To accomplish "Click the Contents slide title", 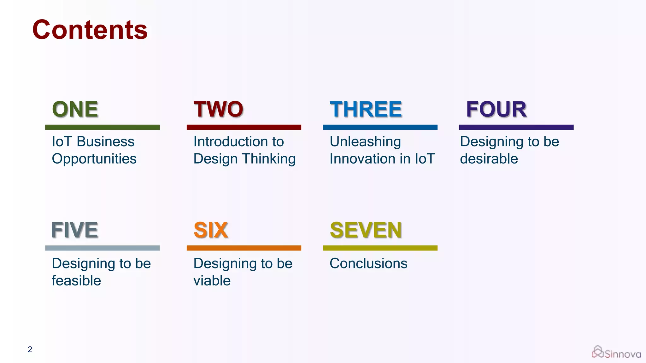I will pos(90,30).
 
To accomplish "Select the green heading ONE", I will pos(75,109).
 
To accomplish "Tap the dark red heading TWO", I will pos(218,109).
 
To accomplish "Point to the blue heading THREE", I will pos(366,109).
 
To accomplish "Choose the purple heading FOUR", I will pos(496,109).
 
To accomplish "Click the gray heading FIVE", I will pos(75,230).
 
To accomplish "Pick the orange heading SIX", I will pos(211,230).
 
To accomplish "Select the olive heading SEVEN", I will pos(366,230).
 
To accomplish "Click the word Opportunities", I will pos(94,159).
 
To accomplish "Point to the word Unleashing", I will pos(365,142).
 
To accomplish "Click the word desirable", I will pos(489,158).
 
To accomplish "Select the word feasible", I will pos(76,280).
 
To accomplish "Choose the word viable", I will pos(212,280).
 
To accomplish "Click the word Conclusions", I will pos(368,263).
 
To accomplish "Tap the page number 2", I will pos(30,349).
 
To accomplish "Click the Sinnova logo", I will pos(616,352).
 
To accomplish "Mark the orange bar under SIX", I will pos(244,248).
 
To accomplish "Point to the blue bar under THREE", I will pos(380,127).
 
